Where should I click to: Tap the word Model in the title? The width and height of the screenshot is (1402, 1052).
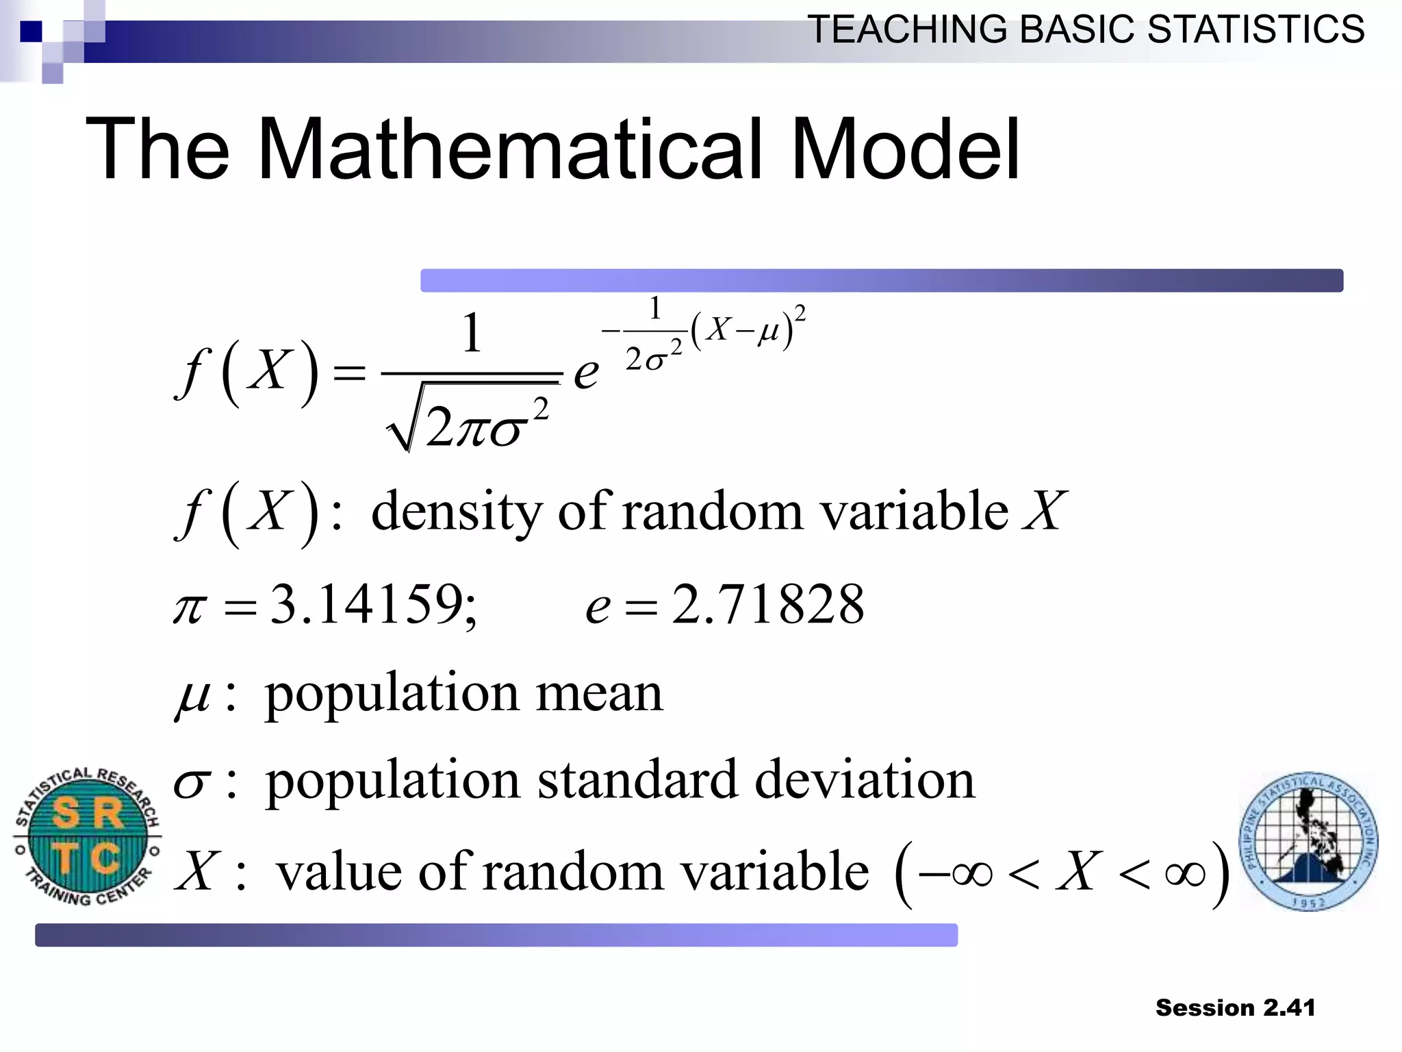pos(905,149)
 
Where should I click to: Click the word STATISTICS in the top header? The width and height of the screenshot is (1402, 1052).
pos(1256,30)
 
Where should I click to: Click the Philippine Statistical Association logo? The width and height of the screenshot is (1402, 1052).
pos(1308,841)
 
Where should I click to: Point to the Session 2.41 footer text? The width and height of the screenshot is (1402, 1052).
pos(1235,1008)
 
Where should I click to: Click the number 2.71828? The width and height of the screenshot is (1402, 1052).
pos(767,605)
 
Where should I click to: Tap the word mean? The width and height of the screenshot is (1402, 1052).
pos(599,693)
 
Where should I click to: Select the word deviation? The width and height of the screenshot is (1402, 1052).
pos(865,780)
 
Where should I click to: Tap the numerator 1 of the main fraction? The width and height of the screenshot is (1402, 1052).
pos(472,334)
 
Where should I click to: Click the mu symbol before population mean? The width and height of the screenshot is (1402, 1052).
pos(193,697)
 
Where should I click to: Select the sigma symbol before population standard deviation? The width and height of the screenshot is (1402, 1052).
pos(190,784)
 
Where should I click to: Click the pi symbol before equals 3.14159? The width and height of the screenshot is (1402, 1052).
pos(190,608)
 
